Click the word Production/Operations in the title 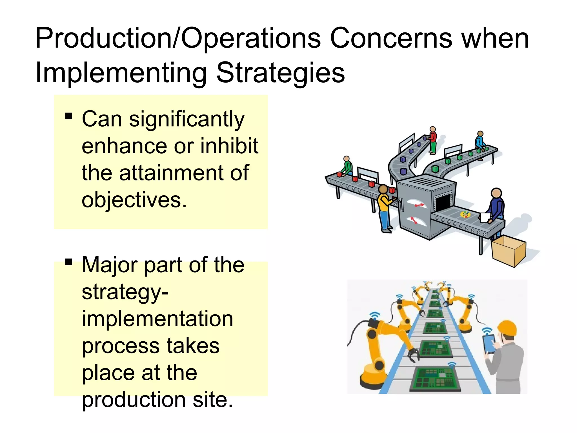point(178,39)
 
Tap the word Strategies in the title point(280,73)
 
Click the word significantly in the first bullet point(187,119)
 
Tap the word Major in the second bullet point(110,265)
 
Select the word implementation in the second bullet point(157,319)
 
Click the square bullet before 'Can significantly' point(68,116)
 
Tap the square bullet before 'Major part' point(68,262)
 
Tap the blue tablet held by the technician point(489,344)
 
